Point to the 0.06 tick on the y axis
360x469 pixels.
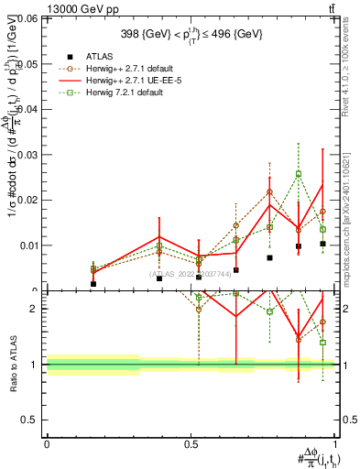click(x=27, y=18)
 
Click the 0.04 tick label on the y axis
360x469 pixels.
click(x=27, y=109)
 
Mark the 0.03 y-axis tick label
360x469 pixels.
click(x=27, y=155)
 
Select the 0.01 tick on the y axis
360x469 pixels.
click(x=27, y=245)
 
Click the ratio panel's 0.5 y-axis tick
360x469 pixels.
click(x=31, y=420)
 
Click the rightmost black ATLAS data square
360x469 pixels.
click(x=322, y=244)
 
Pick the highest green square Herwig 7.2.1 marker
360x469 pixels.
click(x=299, y=174)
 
